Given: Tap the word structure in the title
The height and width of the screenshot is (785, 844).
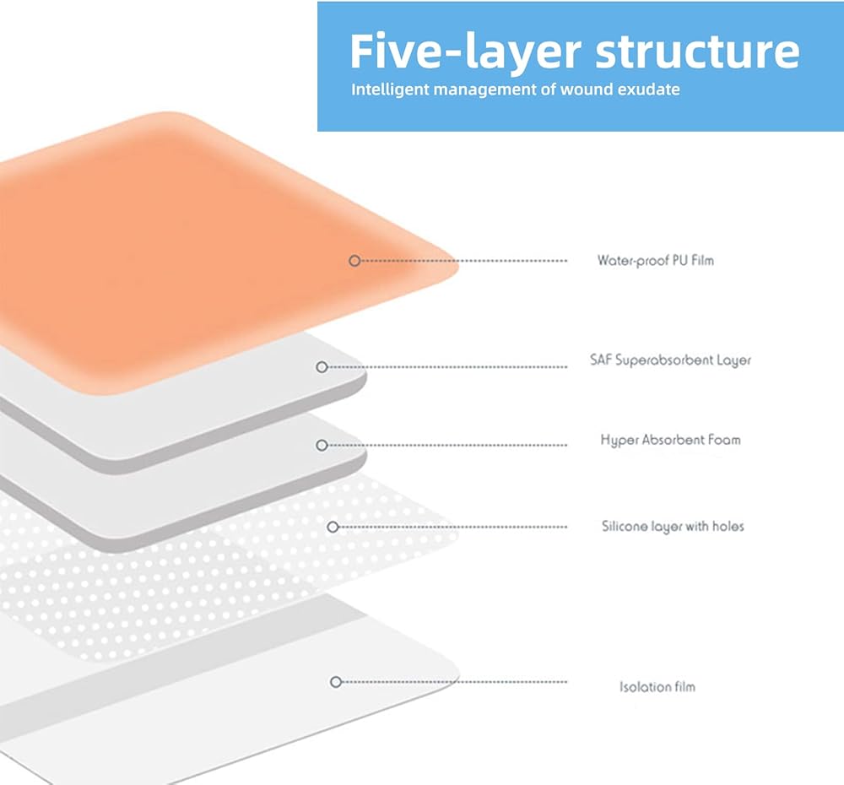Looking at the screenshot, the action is (x=696, y=52).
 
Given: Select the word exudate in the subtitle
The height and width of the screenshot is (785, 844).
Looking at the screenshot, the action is (x=650, y=89).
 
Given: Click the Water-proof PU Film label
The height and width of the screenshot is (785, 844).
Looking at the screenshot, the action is (x=655, y=260).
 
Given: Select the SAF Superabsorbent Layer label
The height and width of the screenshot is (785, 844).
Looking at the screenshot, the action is (x=670, y=360).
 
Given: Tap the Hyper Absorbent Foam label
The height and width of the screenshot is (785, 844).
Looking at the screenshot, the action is (x=670, y=440).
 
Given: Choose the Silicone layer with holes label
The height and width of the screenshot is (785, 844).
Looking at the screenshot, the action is (x=673, y=526).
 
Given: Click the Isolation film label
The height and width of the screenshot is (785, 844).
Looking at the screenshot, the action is (x=657, y=686).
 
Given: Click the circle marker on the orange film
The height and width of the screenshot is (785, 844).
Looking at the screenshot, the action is (x=354, y=261).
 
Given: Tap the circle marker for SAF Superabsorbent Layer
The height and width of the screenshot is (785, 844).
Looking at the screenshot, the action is (x=322, y=367).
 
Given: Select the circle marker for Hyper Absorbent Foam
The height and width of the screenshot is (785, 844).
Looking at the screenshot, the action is (x=322, y=445).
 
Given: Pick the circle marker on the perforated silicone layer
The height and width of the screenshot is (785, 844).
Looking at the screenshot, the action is (x=333, y=527).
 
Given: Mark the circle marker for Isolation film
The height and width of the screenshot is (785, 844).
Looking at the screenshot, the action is (x=336, y=681).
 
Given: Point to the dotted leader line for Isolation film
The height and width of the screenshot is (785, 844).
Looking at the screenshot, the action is (x=456, y=681).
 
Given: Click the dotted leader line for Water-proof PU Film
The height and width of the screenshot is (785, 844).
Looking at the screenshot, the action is (x=464, y=261).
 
